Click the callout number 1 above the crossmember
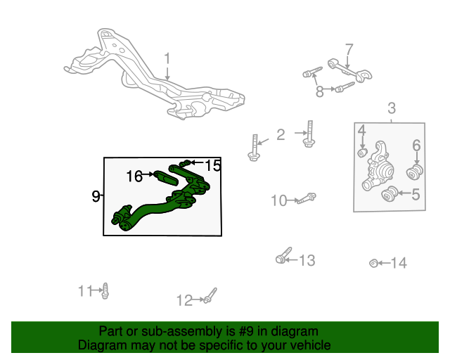click(167, 58)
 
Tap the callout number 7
click(349, 50)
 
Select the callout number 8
click(320, 91)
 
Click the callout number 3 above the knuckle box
click(392, 108)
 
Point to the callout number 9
click(96, 196)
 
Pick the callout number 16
click(134, 176)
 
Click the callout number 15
click(213, 165)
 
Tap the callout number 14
click(399, 263)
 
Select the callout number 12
click(184, 300)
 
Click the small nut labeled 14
click(373, 263)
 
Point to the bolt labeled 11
click(105, 291)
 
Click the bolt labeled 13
click(283, 255)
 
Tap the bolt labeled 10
click(307, 198)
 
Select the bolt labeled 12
click(210, 296)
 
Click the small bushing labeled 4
click(363, 153)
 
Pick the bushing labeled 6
click(415, 172)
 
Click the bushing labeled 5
click(390, 194)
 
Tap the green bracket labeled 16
click(166, 178)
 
